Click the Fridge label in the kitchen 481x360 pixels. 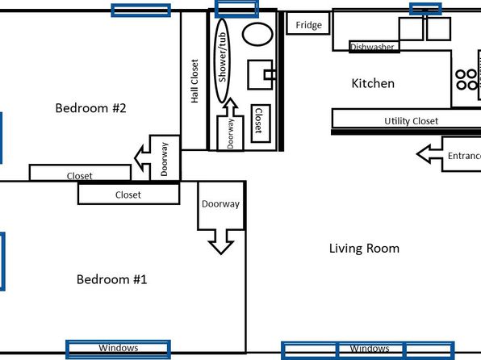pyautogui.click(x=308, y=25)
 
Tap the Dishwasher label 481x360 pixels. pyautogui.click(x=372, y=47)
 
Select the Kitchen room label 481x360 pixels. pyautogui.click(x=373, y=83)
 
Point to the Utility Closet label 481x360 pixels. pyautogui.click(x=411, y=121)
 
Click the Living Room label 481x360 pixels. pyautogui.click(x=364, y=249)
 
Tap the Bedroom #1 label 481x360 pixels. pyautogui.click(x=111, y=279)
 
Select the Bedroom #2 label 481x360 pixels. pyautogui.click(x=90, y=108)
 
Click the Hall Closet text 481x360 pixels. pyautogui.click(x=194, y=81)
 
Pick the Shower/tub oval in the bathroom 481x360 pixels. pyautogui.click(x=214, y=61)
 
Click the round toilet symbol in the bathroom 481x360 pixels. pyautogui.click(x=257, y=34)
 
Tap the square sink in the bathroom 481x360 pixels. pyautogui.click(x=260, y=74)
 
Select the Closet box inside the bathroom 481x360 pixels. pyautogui.click(x=261, y=123)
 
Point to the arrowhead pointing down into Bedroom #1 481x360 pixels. pyautogui.click(x=221, y=245)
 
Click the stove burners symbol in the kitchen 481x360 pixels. pyautogui.click(x=466, y=79)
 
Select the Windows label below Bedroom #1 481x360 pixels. pyautogui.click(x=119, y=348)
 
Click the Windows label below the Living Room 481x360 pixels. pyautogui.click(x=370, y=349)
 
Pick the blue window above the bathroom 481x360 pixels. pyautogui.click(x=236, y=9)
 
